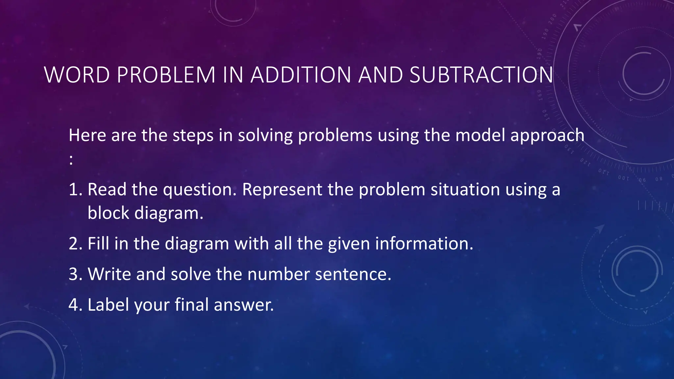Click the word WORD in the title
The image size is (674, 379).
point(77,75)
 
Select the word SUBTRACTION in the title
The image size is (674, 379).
point(481,75)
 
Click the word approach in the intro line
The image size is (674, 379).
point(547,136)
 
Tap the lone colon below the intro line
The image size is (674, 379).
point(71,160)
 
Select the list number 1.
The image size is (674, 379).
point(75,190)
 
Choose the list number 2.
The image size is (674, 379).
point(75,244)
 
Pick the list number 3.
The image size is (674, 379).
point(75,274)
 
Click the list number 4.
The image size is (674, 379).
point(75,305)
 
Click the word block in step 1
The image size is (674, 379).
point(108,213)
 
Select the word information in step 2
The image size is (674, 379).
point(424,244)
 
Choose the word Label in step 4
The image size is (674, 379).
point(108,305)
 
